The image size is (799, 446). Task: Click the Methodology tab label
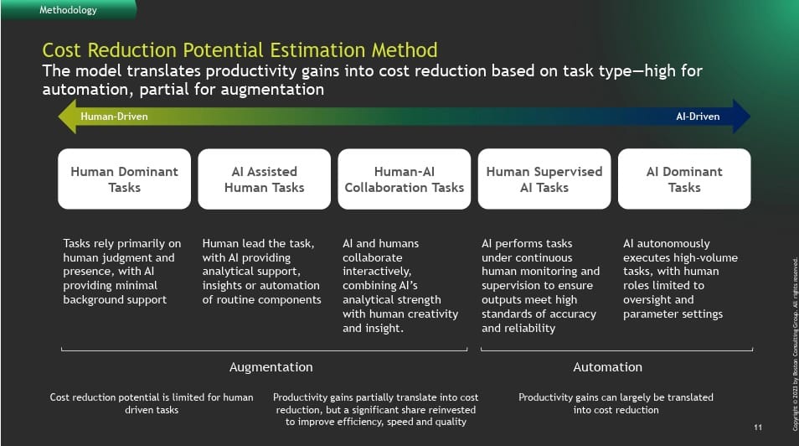point(68,10)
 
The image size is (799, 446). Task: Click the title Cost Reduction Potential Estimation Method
point(240,50)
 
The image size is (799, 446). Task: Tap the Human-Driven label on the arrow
point(114,117)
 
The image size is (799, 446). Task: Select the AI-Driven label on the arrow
point(698,117)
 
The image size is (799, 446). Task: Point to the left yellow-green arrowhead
point(68,117)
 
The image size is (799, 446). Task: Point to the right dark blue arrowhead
point(741,117)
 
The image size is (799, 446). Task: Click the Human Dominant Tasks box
point(124,179)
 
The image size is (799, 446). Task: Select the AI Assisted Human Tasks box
point(264,179)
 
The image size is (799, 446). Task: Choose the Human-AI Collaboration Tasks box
point(404,179)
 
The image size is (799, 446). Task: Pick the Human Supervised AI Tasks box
point(544,179)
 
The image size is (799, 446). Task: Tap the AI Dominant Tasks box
point(684,179)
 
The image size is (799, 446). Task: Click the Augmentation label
point(271,367)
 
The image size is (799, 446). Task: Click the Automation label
point(607,367)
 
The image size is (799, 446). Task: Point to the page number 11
point(758,427)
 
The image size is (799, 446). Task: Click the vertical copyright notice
point(795,344)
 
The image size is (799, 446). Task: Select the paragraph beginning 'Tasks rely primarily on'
point(121,272)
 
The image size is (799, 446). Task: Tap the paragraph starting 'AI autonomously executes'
point(680,278)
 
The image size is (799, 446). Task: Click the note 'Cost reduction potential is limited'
point(152,403)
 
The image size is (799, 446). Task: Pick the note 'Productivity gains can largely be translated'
point(616,403)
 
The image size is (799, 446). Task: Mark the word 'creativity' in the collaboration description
point(433,314)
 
